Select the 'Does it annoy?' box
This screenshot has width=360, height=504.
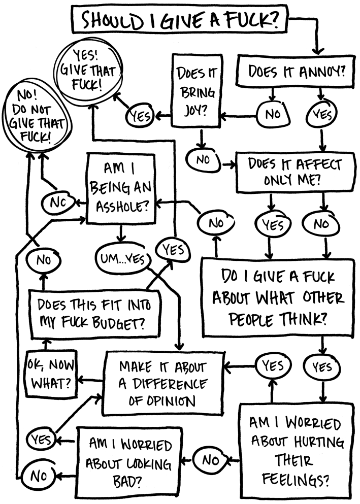click(x=296, y=73)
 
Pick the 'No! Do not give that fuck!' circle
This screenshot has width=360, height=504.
click(x=33, y=117)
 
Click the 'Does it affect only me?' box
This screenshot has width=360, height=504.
click(x=295, y=173)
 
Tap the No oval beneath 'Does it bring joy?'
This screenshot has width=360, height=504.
click(x=203, y=160)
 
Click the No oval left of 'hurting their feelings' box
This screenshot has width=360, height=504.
click(x=210, y=460)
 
